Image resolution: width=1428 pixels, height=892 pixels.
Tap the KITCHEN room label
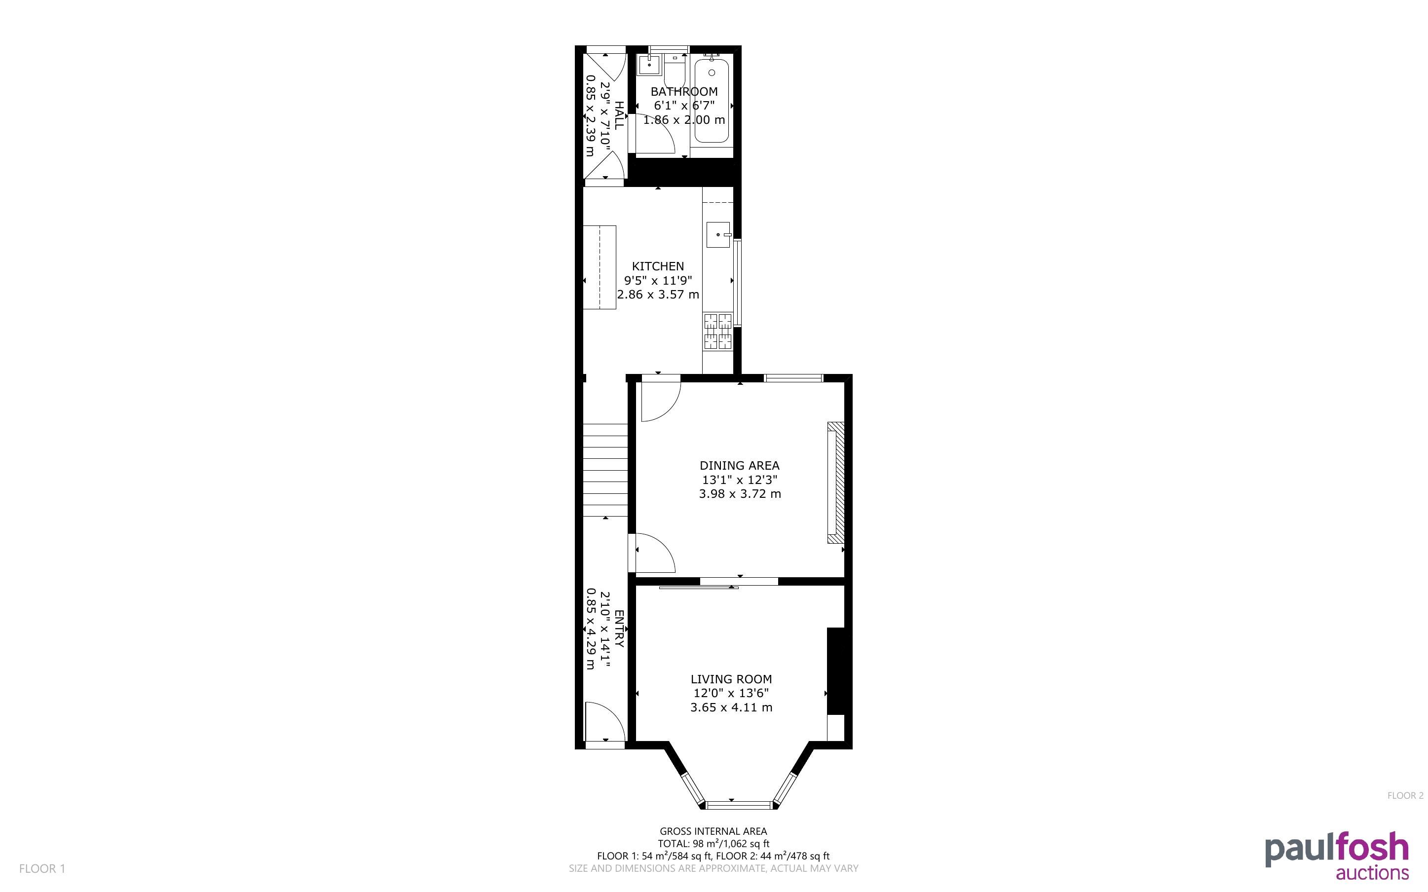click(x=658, y=266)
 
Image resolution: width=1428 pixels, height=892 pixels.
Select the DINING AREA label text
click(x=739, y=465)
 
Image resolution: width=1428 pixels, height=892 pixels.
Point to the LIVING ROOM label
click(x=731, y=679)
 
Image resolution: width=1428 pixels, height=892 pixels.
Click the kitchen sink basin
click(x=718, y=235)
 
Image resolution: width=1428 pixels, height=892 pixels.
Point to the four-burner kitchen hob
click(x=718, y=331)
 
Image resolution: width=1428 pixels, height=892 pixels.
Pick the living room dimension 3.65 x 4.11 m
click(x=731, y=707)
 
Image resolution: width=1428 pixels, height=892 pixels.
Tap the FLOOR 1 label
click(x=42, y=868)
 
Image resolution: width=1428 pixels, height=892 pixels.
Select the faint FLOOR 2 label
click(x=1405, y=796)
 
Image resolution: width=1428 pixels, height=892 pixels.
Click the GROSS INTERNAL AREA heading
click(x=713, y=831)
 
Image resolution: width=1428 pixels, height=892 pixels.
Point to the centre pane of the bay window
click(x=739, y=805)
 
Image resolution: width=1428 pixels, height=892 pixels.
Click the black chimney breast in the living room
click(x=836, y=671)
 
